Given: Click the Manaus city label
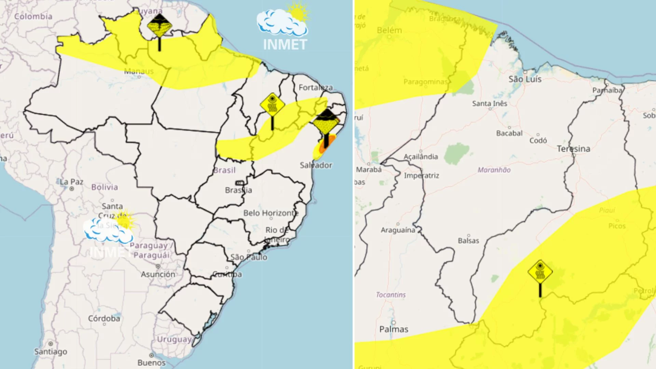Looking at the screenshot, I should coord(139,71).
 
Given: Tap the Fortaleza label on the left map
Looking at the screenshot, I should coord(315,87).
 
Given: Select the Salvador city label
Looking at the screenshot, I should coord(316,165).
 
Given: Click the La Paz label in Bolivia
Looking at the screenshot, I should coord(71,182).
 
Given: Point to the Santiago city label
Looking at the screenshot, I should coord(51,352).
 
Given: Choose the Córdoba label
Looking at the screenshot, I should coord(104,318).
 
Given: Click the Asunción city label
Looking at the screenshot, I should coord(158,274).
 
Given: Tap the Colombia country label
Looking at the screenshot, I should coord(33,16).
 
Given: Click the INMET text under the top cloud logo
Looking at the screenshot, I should coord(285,45).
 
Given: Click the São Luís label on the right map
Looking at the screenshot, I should coord(525,79).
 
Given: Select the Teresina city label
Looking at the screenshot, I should coord(573,149).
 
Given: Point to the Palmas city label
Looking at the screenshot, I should coord(394,329).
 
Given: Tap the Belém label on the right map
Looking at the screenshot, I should coord(389,30).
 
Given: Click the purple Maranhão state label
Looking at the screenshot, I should coord(494,170).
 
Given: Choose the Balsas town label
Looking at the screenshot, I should coord(468,241).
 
